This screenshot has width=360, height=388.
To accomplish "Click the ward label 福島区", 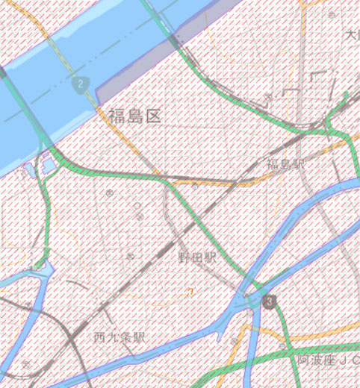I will (x=134, y=116).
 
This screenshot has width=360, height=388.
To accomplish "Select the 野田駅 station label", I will (x=196, y=257).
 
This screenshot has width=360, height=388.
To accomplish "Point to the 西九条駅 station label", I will (x=119, y=337).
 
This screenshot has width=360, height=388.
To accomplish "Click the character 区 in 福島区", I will (x=153, y=116).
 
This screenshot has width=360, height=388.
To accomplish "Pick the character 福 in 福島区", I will (x=117, y=116).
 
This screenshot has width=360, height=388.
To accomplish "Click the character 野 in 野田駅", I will (x=184, y=257).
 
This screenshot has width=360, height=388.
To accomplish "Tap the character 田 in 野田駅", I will (x=196, y=257).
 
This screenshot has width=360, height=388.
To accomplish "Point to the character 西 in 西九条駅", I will (x=101, y=337).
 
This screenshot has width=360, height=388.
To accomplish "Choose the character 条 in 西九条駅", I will (x=125, y=337).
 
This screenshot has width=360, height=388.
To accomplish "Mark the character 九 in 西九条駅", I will (x=113, y=337).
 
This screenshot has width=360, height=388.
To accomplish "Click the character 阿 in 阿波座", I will (x=302, y=360).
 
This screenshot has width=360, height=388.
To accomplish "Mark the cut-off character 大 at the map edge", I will (x=353, y=35).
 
